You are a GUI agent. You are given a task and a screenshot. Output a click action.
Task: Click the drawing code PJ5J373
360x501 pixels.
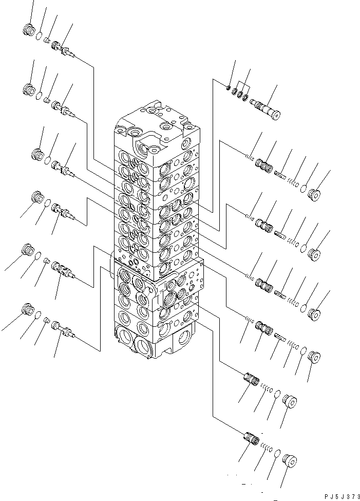point(339,496)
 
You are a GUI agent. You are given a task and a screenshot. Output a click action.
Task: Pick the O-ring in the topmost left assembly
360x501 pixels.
point(39,35)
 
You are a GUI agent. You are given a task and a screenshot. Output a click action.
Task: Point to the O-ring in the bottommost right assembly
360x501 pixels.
point(277,454)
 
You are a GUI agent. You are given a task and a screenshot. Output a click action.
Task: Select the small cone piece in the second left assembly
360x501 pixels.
point(47,99)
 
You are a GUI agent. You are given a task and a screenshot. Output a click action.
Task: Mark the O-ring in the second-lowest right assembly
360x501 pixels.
point(276,395)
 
